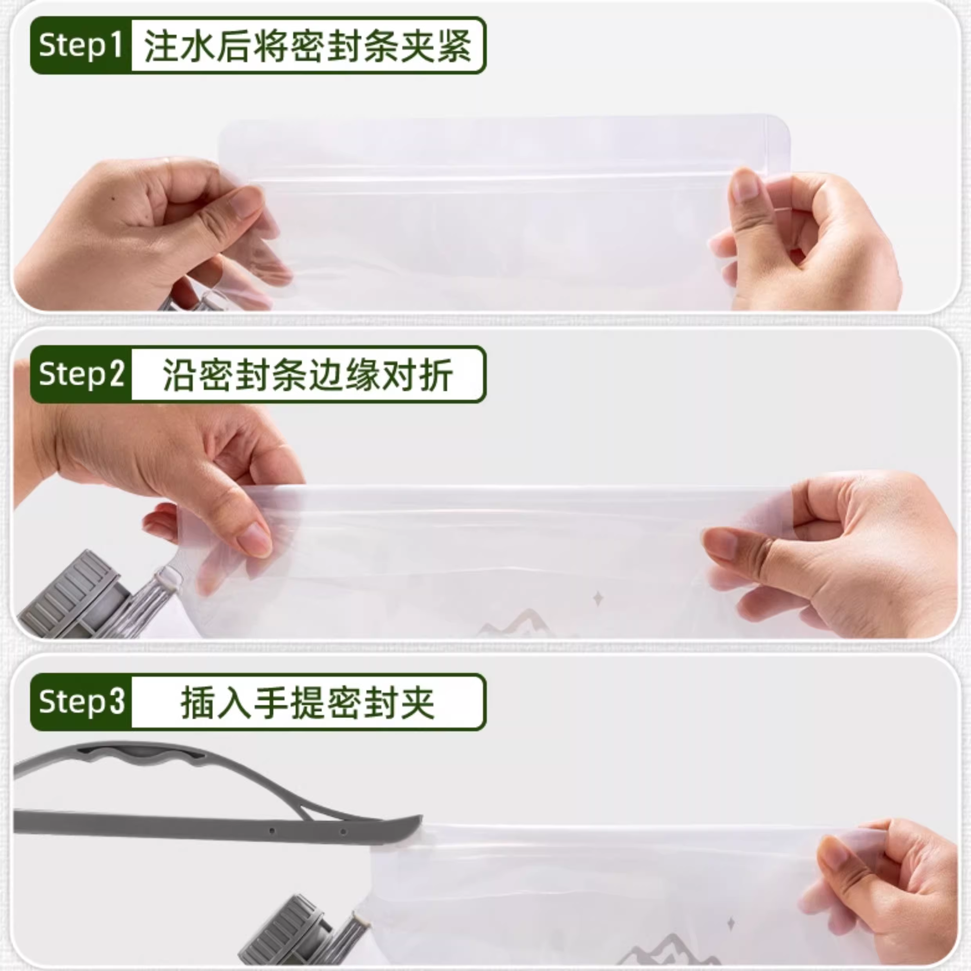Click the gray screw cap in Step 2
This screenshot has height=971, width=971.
coord(70,596)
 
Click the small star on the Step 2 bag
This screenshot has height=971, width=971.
coord(598,598)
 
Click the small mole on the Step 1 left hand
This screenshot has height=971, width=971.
coord(113,199)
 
